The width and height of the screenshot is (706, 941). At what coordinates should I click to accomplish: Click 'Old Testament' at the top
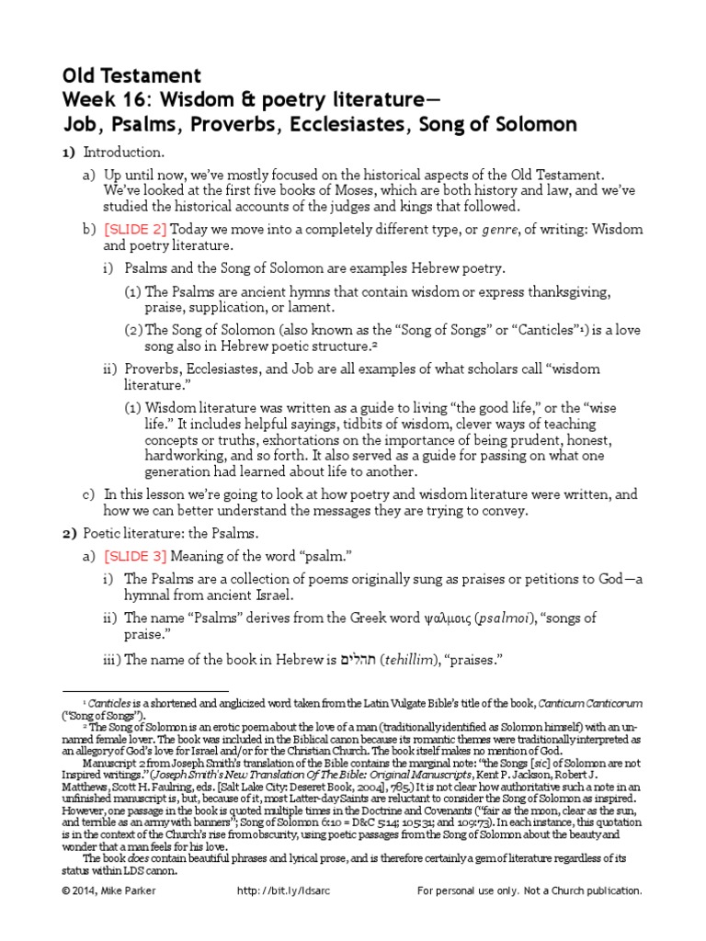[131, 75]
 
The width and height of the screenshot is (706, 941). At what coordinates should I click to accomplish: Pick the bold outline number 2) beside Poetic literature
[69, 533]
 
